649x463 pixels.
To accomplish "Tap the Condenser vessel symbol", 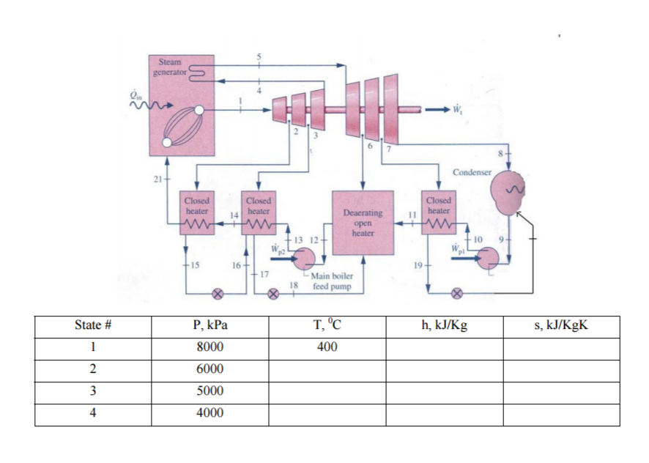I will (505, 191).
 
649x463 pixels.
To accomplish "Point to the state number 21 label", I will (156, 179).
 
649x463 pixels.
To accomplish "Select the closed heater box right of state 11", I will (439, 212).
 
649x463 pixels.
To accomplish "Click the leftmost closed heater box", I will (196, 213).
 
